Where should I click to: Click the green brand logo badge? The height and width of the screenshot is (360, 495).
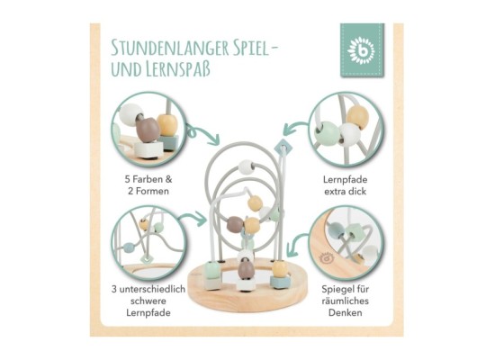click(362, 49)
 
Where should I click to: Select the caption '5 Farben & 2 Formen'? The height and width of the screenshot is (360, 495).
click(148, 185)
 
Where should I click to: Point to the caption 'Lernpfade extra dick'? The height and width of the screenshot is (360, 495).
click(345, 185)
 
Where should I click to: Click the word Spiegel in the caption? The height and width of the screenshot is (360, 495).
click(337, 289)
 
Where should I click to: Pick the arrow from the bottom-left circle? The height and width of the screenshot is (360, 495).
click(193, 218)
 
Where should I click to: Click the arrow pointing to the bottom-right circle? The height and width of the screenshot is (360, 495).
click(297, 243)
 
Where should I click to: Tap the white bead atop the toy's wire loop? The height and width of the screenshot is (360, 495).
click(247, 167)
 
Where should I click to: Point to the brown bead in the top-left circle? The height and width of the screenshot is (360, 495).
click(148, 130)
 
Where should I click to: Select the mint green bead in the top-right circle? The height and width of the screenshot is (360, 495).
click(327, 133)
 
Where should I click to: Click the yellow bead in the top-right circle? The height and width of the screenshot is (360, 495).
click(357, 116)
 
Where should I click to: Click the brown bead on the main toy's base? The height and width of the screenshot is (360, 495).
click(246, 269)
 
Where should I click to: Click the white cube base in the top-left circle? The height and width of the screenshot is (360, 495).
click(149, 149)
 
